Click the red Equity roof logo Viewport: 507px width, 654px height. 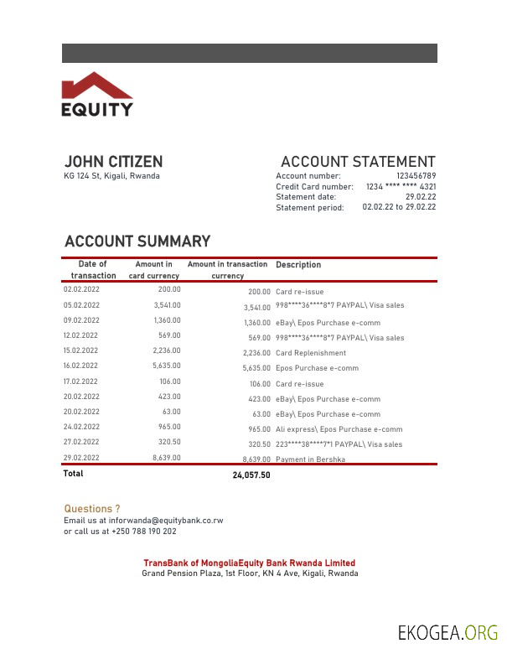point(96,86)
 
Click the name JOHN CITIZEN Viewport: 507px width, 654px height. point(114,162)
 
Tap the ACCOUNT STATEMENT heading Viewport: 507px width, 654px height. point(358,162)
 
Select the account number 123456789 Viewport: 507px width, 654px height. point(416,176)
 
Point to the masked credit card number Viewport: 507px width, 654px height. point(401,186)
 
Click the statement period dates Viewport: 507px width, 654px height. point(399,207)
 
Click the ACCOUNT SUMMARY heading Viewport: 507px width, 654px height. point(137,241)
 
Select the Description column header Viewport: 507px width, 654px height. point(298,265)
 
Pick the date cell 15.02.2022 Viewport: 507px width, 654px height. point(82,350)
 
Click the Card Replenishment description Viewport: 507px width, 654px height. point(310,353)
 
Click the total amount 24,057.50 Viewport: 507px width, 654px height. point(251,475)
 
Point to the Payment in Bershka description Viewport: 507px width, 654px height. point(310,459)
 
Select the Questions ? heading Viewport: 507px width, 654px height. point(92,509)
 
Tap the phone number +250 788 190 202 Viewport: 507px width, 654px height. point(143,532)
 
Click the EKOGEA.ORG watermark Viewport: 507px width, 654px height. point(448,631)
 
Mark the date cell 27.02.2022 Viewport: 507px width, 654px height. point(82,442)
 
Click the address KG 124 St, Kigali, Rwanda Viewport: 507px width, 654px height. point(111,176)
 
